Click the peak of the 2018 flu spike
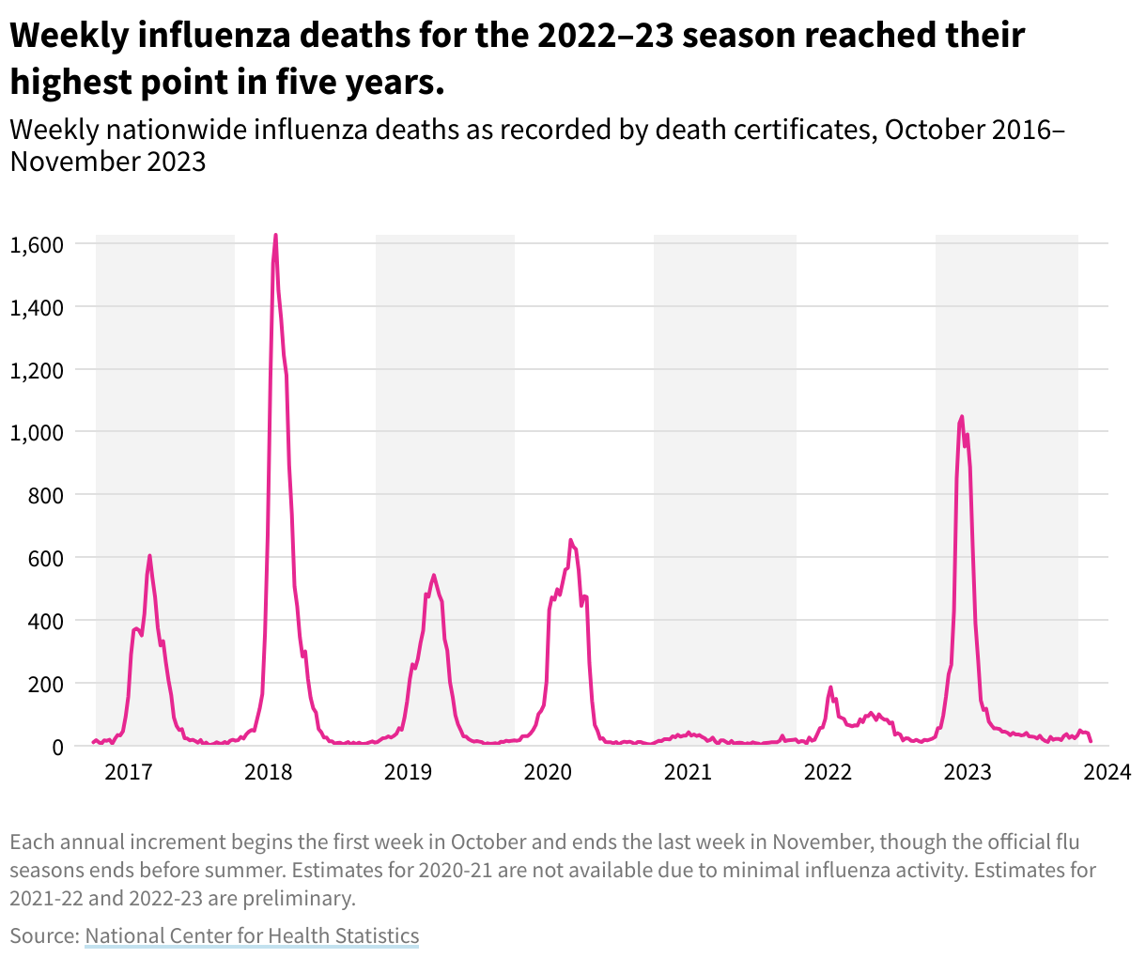click(x=275, y=235)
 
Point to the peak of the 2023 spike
click(x=961, y=416)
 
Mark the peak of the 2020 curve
click(x=570, y=540)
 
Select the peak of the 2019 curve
click(x=433, y=575)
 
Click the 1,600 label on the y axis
click(x=36, y=244)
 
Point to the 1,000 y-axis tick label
click(x=36, y=432)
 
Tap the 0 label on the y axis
click(x=57, y=747)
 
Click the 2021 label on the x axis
click(x=688, y=773)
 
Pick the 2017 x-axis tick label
click(x=128, y=773)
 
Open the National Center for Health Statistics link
click(x=252, y=935)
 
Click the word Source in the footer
click(x=43, y=935)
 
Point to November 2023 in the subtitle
click(x=107, y=162)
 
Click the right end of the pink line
click(x=1091, y=742)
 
